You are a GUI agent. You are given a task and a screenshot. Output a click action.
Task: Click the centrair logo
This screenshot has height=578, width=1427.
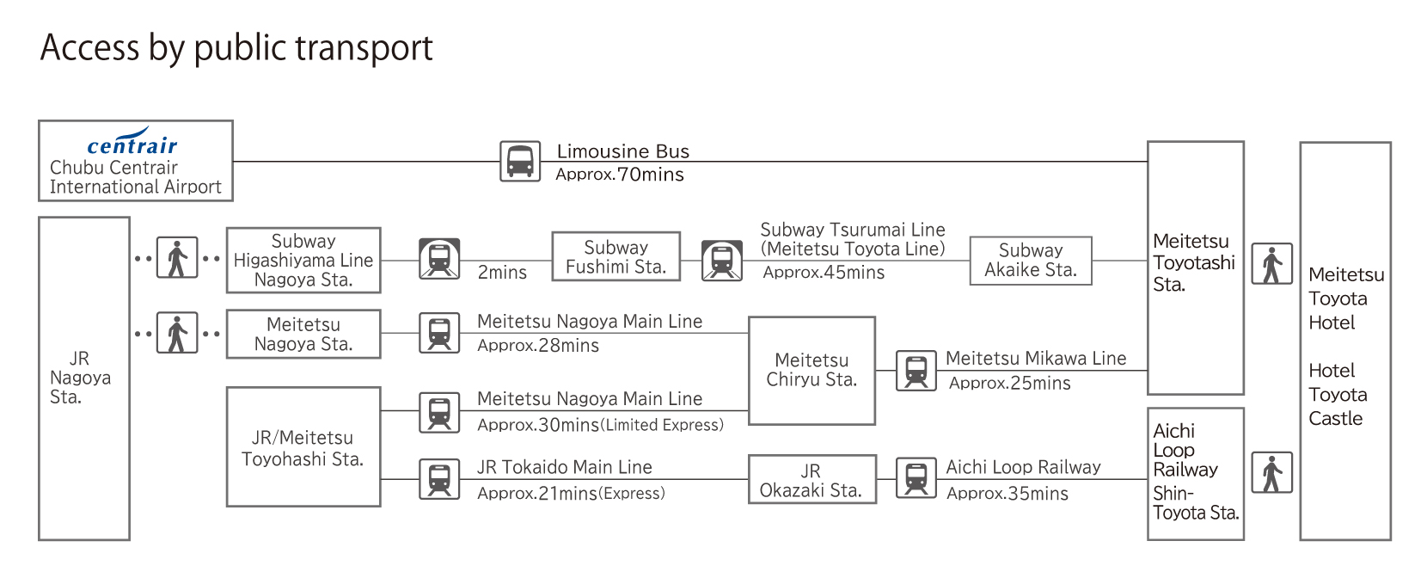pos(132,143)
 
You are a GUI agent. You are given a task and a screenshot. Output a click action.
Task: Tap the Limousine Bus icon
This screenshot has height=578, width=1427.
pos(520,162)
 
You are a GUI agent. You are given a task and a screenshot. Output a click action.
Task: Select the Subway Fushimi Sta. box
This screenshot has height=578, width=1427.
pos(616,257)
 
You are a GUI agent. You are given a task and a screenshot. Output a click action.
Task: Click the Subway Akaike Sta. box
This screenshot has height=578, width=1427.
pos(1030,261)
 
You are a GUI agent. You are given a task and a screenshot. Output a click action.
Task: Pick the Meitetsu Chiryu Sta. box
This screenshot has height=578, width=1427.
pos(811,371)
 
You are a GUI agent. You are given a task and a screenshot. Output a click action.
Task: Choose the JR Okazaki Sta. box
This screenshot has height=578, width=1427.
pos(811,480)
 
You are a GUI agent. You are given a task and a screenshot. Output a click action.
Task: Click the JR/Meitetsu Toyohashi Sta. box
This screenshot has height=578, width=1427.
pos(303,447)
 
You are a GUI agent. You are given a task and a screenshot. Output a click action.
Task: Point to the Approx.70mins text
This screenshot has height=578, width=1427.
pos(620,175)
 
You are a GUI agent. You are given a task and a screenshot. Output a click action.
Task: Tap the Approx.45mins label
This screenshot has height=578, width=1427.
pos(824,273)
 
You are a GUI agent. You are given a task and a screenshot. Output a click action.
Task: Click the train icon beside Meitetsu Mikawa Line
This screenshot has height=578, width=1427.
pos(916,371)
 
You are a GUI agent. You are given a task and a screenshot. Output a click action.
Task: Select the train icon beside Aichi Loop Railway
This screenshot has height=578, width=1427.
pos(916,478)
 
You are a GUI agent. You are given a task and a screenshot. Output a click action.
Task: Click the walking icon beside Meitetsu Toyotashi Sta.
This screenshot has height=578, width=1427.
pos(1271,264)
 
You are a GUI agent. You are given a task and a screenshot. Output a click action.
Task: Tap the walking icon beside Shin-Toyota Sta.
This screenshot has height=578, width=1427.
pos(1271,472)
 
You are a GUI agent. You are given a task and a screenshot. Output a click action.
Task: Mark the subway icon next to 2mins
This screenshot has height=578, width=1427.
pos(439,259)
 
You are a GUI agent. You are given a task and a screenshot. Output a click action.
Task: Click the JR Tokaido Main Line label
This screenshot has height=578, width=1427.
pos(564,467)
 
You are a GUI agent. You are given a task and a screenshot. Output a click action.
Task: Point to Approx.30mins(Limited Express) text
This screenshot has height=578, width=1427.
pos(600,425)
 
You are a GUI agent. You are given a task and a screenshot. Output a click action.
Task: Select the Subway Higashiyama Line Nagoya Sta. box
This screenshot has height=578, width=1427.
pos(303,261)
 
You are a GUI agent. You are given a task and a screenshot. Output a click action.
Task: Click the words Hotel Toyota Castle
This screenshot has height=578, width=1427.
pos(1337,395)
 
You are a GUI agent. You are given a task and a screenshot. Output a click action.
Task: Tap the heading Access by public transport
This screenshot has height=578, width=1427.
pos(236,47)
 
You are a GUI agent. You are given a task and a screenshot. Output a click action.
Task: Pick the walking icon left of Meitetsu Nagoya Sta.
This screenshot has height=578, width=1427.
pos(177,333)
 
